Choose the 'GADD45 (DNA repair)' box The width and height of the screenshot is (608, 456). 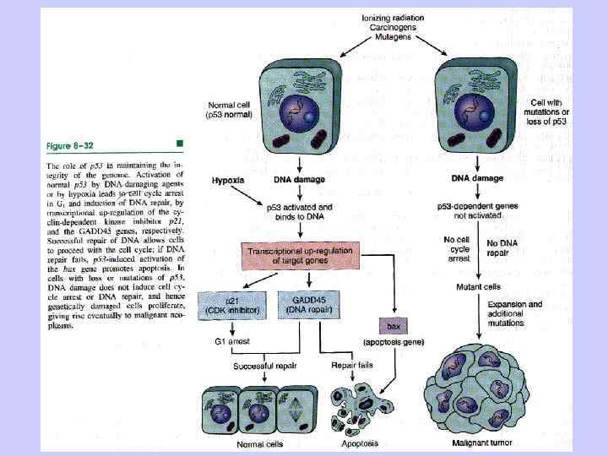(309, 305)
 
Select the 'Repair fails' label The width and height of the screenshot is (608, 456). (348, 366)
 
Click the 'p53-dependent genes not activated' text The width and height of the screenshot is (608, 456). (478, 211)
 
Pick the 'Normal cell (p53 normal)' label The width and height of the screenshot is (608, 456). (231, 110)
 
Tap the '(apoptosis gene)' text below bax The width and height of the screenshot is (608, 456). (394, 343)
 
